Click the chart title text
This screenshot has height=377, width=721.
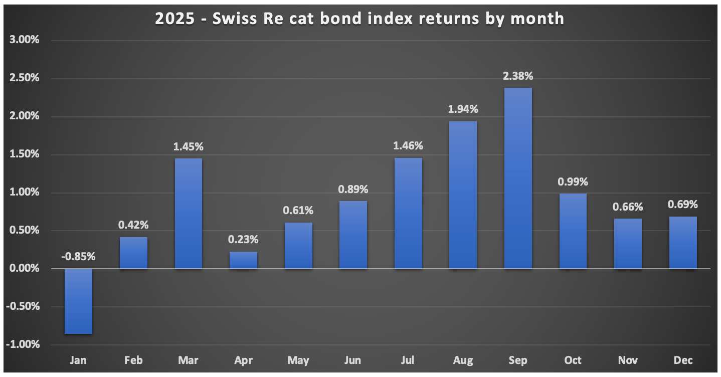pyautogui.click(x=359, y=19)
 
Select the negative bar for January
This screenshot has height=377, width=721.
pyautogui.click(x=78, y=301)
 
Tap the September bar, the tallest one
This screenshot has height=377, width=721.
pyautogui.click(x=518, y=178)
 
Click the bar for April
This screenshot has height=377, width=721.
pyautogui.click(x=243, y=260)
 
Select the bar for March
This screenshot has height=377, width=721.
pyautogui.click(x=188, y=213)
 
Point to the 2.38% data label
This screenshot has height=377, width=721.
pyautogui.click(x=518, y=77)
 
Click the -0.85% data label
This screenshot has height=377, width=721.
pyautogui.click(x=78, y=257)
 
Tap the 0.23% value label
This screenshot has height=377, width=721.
pyautogui.click(x=243, y=240)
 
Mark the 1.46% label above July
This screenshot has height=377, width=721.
pyautogui.click(x=408, y=146)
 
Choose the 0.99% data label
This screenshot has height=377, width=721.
pyautogui.click(x=573, y=182)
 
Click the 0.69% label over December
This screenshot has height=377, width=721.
pyautogui.click(x=683, y=205)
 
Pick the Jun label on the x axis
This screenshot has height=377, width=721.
pyautogui.click(x=353, y=360)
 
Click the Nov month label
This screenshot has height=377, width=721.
pyautogui.click(x=628, y=360)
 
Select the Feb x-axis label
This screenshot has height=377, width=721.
pyautogui.click(x=133, y=360)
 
